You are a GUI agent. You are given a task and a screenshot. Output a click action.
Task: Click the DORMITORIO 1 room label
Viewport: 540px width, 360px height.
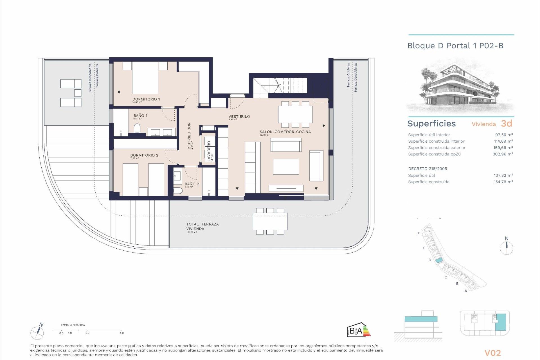[146, 99]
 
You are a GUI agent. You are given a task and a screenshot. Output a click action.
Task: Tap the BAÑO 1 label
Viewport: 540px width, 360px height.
[140, 116]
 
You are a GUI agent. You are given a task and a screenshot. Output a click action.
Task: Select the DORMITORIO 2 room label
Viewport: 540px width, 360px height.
[144, 155]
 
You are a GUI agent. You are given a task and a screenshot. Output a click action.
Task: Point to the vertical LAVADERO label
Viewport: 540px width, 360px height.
[209, 151]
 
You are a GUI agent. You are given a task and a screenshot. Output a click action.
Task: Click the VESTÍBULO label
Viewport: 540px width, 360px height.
[239, 116]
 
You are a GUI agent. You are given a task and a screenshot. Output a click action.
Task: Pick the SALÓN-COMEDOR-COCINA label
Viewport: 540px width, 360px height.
[285, 132]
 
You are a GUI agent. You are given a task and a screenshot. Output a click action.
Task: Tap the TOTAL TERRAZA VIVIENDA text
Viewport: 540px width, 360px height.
[202, 226]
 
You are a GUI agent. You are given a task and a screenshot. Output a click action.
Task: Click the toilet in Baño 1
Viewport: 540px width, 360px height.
[137, 129]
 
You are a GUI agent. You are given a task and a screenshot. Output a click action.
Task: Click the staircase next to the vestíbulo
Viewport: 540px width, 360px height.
[280, 85]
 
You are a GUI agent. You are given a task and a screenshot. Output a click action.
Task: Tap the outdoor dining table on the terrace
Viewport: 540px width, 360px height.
[270, 221]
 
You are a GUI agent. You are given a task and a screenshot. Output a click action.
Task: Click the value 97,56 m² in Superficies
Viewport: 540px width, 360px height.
[504, 135]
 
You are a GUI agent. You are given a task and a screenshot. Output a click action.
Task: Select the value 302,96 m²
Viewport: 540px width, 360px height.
[503, 154]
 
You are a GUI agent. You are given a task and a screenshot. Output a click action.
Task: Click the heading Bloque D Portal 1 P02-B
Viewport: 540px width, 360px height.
[455, 46]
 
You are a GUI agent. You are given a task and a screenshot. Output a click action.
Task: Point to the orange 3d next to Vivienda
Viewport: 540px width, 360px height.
[507, 123]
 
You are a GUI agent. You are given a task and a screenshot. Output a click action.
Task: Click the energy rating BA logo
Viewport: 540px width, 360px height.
[358, 330]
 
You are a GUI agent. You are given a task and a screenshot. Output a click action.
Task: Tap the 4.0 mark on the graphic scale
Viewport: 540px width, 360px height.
[121, 333]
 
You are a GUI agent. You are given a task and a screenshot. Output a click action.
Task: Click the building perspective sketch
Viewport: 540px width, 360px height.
[460, 86]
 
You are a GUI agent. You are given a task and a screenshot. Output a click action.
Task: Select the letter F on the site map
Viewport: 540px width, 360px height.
[418, 234]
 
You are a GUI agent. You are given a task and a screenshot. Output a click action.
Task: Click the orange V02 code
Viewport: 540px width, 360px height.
[492, 353]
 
